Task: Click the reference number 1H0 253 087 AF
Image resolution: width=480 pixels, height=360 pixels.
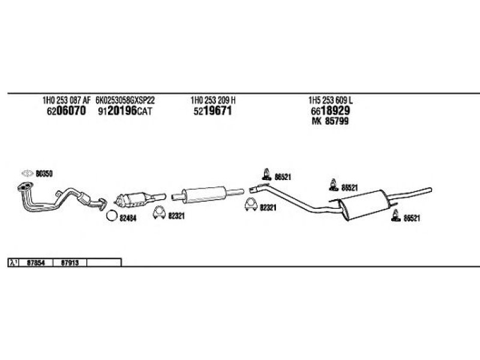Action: pyautogui.click(x=66, y=101)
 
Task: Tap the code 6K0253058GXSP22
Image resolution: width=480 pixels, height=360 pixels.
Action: pyautogui.click(x=125, y=101)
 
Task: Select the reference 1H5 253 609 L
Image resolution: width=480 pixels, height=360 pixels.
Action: pyautogui.click(x=334, y=101)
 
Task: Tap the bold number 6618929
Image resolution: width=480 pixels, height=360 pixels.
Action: pyautogui.click(x=331, y=111)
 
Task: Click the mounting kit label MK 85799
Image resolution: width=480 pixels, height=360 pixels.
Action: pyautogui.click(x=330, y=121)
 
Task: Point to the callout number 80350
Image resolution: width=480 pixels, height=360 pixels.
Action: pyautogui.click(x=44, y=173)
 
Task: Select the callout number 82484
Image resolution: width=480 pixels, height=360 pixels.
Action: pyautogui.click(x=128, y=217)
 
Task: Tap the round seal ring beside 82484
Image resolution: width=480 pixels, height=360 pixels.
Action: pyautogui.click(x=111, y=217)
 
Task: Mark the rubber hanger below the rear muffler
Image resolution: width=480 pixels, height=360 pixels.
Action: pyautogui.click(x=395, y=217)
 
